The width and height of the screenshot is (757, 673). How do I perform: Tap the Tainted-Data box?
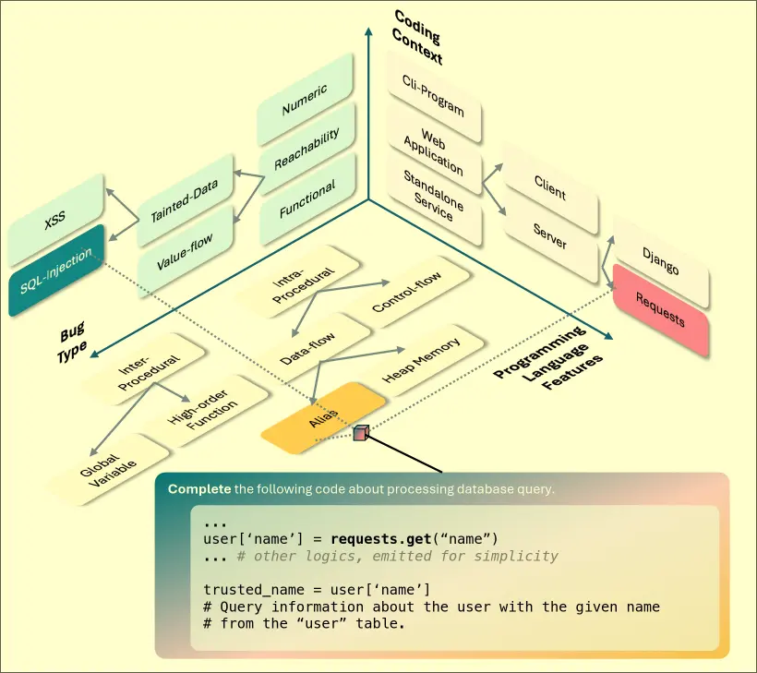[185, 201]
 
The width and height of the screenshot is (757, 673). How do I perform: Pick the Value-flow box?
[185, 252]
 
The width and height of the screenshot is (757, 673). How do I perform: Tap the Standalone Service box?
[434, 195]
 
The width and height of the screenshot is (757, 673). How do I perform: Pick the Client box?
[550, 187]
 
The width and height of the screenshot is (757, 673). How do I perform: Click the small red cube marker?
[360, 432]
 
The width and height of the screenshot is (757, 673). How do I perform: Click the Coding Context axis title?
[417, 38]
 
